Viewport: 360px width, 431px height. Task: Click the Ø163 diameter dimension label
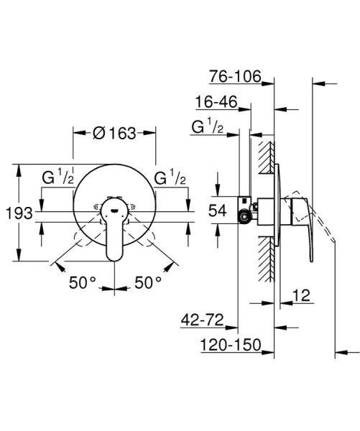[115, 132]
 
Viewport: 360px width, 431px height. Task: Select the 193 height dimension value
[17, 213]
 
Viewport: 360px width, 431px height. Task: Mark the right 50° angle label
[148, 282]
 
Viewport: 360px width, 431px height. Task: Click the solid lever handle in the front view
[114, 230]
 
